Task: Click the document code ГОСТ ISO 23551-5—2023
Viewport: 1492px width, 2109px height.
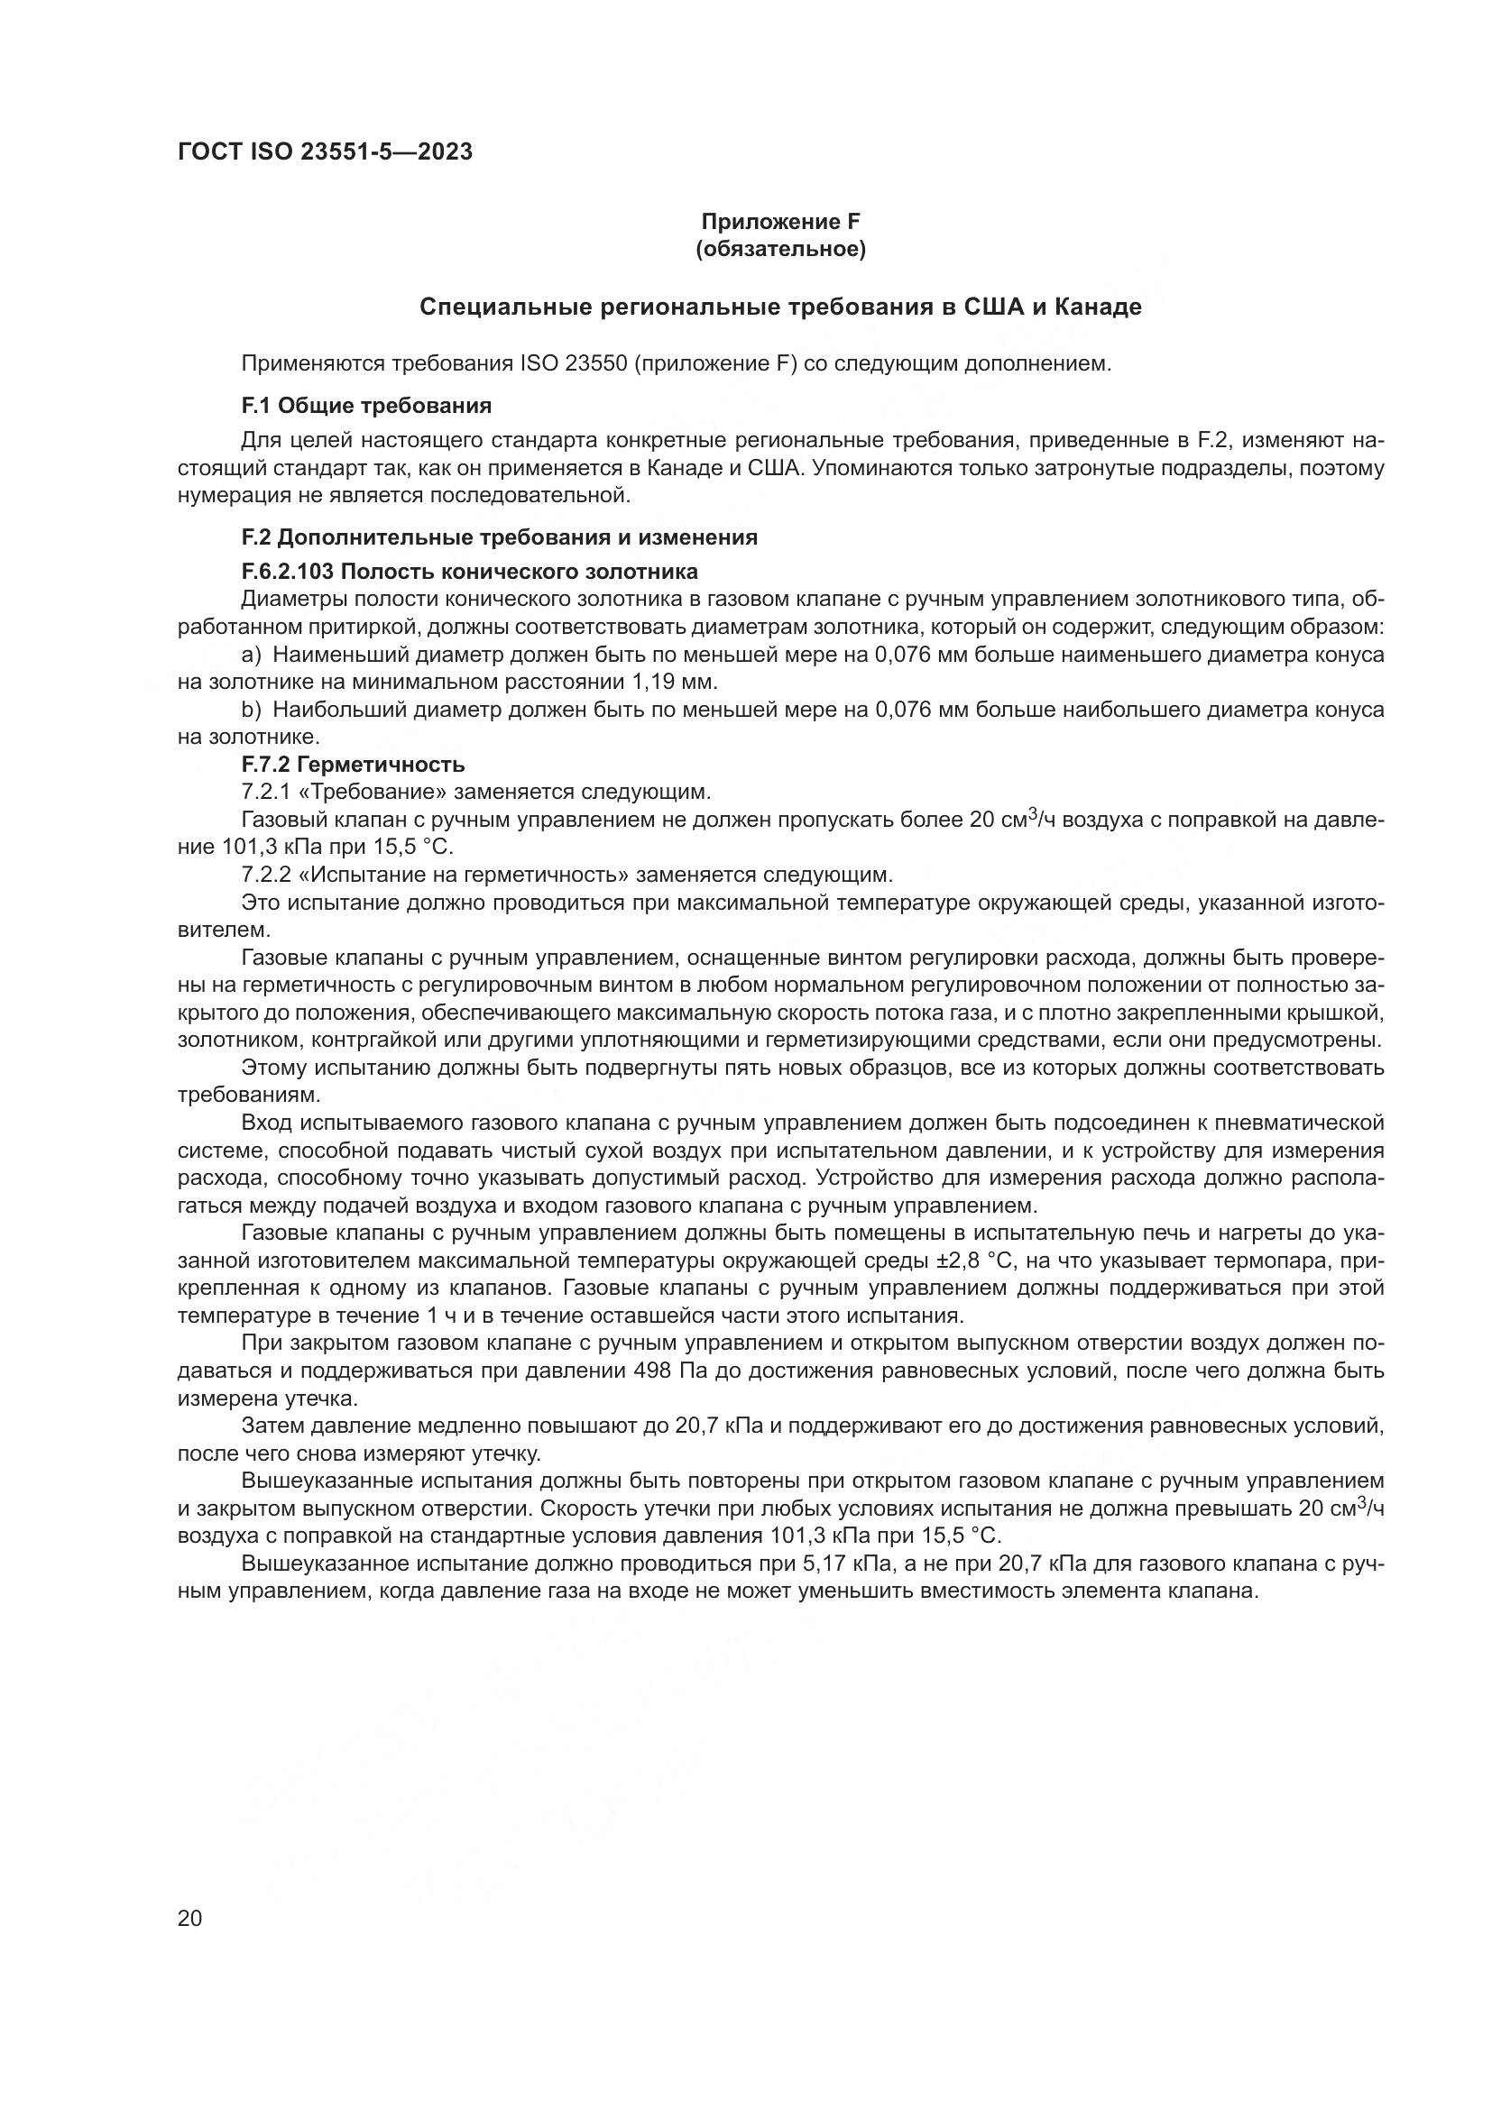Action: click(x=325, y=152)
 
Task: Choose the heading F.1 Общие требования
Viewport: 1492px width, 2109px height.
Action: click(x=365, y=405)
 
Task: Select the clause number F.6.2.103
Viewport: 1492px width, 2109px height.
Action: click(x=288, y=572)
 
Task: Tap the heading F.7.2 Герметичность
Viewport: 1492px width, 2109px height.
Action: click(x=353, y=765)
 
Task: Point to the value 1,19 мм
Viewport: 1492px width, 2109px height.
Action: click(x=673, y=683)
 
